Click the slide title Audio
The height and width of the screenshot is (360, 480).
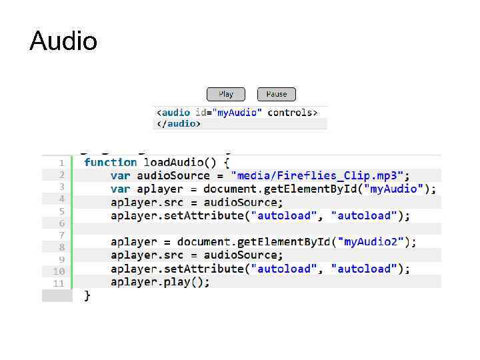pyautogui.click(x=63, y=41)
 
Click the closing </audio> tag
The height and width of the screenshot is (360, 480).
pyautogui.click(x=178, y=123)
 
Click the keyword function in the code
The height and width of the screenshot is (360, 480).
pyautogui.click(x=111, y=162)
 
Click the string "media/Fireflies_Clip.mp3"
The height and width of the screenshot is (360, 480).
pyautogui.click(x=317, y=175)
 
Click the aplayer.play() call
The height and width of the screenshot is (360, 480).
pyautogui.click(x=160, y=282)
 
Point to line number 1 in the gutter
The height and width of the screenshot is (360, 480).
pyautogui.click(x=61, y=163)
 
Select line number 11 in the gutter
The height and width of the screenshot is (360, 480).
pyautogui.click(x=59, y=283)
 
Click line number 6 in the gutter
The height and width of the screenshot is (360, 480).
pyautogui.click(x=61, y=223)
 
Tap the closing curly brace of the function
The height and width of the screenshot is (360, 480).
pyautogui.click(x=87, y=295)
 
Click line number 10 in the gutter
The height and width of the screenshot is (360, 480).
pyautogui.click(x=59, y=271)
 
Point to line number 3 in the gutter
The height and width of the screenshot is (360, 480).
pyautogui.click(x=61, y=187)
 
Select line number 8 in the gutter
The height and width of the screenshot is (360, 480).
pyautogui.click(x=61, y=247)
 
